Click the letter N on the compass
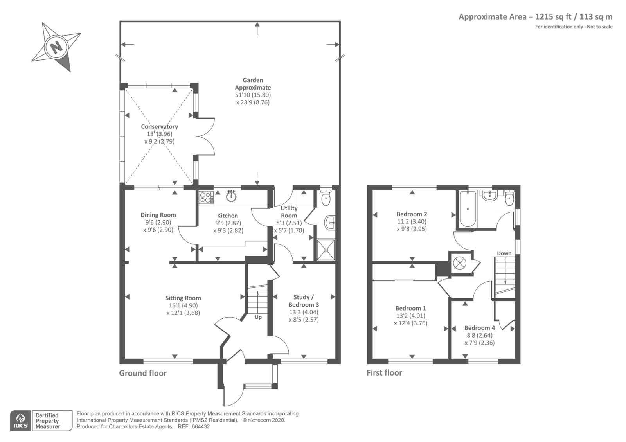(x=56, y=47)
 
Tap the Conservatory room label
(x=159, y=127)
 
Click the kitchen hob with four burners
(x=206, y=197)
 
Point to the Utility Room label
(x=289, y=212)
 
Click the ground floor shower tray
(x=326, y=250)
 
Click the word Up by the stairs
(x=258, y=317)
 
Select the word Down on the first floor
(x=504, y=253)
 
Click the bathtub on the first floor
(x=468, y=209)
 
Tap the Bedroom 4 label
(x=480, y=328)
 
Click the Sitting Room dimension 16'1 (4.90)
(x=183, y=305)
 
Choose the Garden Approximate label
(x=253, y=84)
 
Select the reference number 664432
(x=201, y=427)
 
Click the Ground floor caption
(x=143, y=373)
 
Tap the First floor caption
(x=384, y=373)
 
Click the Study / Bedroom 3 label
(x=304, y=301)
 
